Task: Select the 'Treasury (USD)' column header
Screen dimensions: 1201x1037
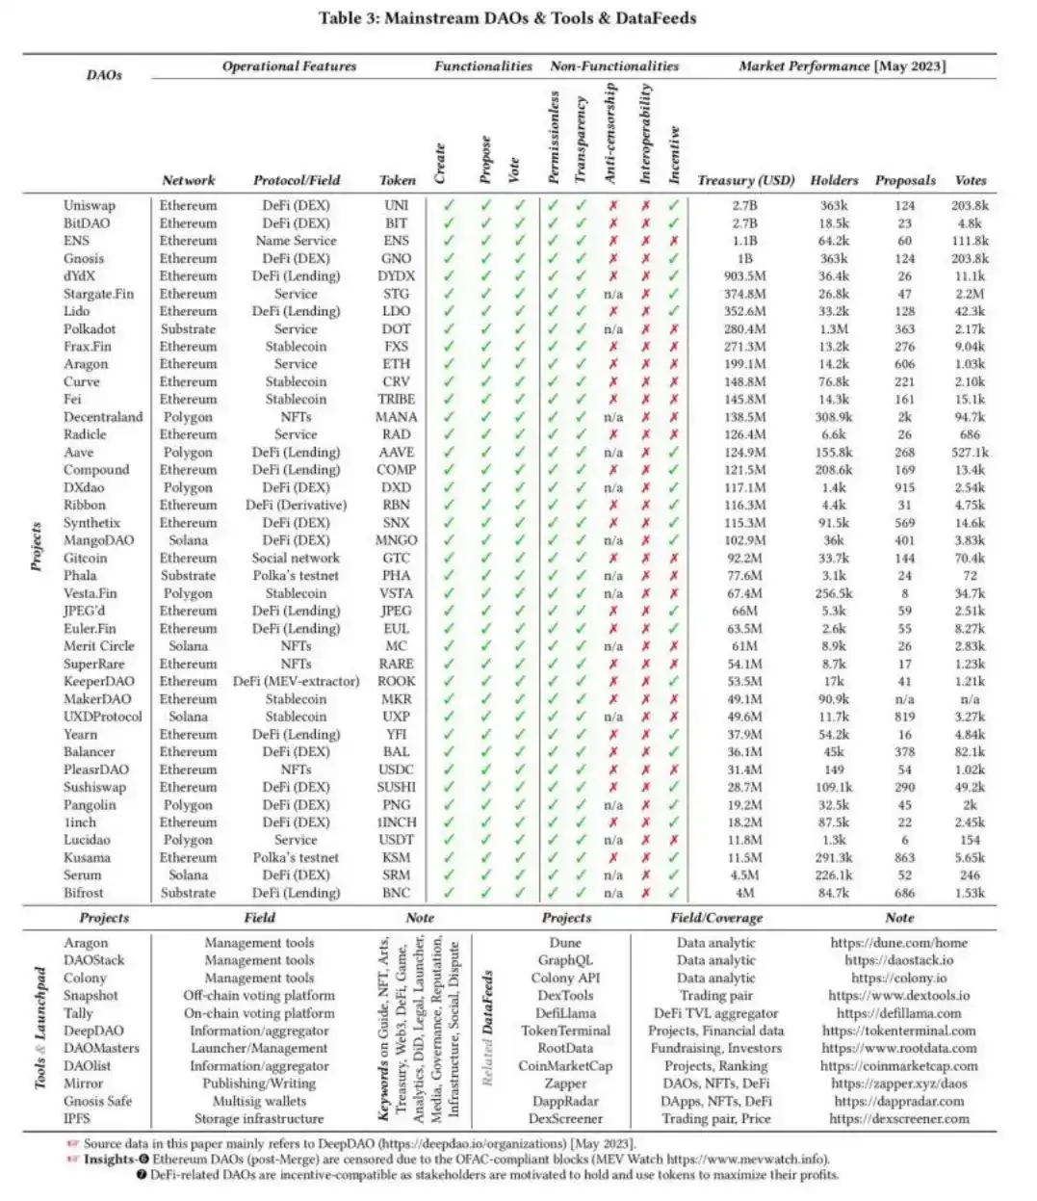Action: (x=746, y=180)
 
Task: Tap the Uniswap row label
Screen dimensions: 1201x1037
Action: (x=90, y=205)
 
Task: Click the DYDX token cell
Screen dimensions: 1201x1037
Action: (x=397, y=275)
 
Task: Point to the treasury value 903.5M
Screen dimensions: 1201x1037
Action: (x=745, y=275)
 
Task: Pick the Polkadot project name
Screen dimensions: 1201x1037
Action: (x=90, y=328)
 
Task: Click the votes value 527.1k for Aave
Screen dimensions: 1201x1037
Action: (x=970, y=452)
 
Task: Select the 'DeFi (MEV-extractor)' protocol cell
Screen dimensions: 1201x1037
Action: (x=296, y=681)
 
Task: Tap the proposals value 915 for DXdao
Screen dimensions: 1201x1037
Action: (x=905, y=487)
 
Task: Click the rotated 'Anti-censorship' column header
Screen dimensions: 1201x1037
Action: (x=610, y=133)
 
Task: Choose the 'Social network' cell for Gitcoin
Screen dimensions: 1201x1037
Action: (x=296, y=558)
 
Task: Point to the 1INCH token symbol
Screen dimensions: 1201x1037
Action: (x=397, y=822)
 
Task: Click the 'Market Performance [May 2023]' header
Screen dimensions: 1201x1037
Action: (x=843, y=66)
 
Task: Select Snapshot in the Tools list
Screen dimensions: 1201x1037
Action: (x=91, y=996)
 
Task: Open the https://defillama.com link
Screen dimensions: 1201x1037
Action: (x=898, y=1013)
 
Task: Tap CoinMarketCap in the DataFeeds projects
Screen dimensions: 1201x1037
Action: (x=565, y=1066)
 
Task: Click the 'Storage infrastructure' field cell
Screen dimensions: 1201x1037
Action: (x=259, y=1119)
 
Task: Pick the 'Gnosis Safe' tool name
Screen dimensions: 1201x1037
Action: (x=98, y=1101)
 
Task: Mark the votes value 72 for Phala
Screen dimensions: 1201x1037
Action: (x=970, y=576)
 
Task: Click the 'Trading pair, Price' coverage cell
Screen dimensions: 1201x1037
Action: (x=716, y=1119)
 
